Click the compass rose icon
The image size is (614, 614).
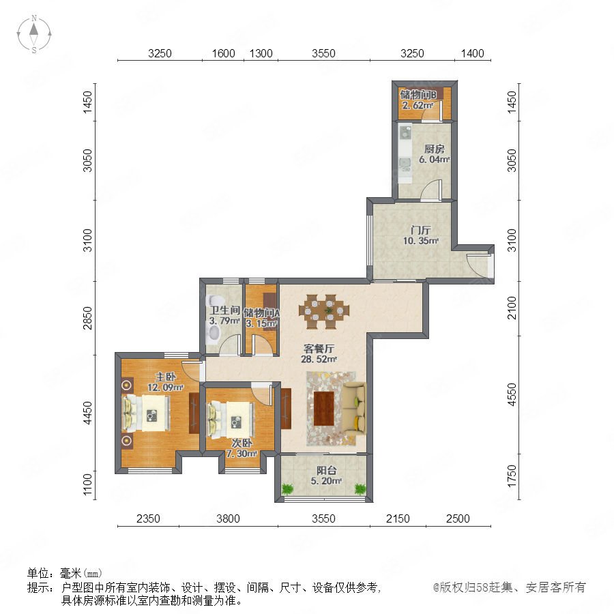click(34, 34)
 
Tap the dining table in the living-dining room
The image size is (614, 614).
click(324, 311)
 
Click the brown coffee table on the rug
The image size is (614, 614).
click(324, 409)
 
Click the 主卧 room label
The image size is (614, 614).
click(165, 377)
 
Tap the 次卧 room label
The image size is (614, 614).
click(242, 443)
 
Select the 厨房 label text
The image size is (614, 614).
click(435, 149)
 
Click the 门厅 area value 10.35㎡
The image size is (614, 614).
click(421, 241)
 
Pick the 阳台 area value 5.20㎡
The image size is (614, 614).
click(327, 481)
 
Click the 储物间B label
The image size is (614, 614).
click(418, 94)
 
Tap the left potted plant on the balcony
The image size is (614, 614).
click(287, 488)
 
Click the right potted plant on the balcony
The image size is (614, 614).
click(360, 488)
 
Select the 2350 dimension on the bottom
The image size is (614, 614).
click(148, 518)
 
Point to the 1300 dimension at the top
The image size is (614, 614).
click(261, 53)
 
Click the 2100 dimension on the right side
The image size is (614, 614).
click(512, 308)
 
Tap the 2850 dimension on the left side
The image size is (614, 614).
click(88, 318)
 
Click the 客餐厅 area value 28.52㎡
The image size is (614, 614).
click(319, 359)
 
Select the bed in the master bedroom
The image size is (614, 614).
click(147, 413)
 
